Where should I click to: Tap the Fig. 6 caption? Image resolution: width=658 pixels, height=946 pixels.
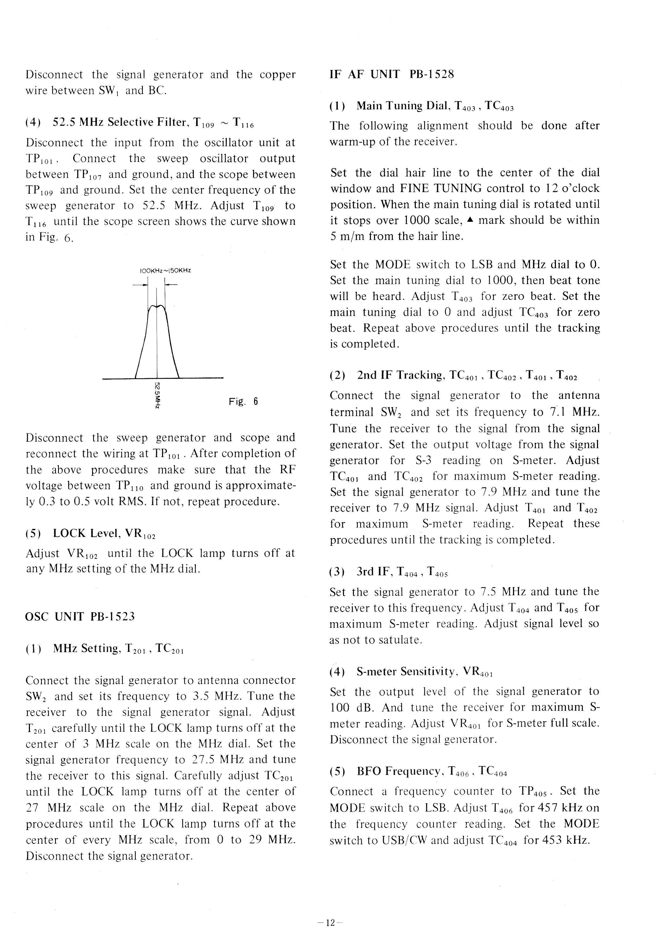click(243, 401)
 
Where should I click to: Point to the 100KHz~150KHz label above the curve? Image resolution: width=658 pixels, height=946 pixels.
click(165, 271)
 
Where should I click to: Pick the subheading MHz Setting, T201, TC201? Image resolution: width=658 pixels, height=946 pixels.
click(105, 649)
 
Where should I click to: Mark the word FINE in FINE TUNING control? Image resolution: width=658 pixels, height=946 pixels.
click(413, 188)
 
